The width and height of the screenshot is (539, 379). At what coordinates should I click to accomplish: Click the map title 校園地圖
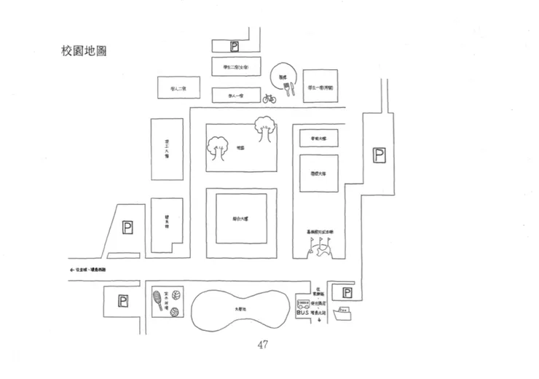86,52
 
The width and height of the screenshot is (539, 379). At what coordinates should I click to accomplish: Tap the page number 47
262,345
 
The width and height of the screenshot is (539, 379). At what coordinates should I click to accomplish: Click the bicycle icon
269,98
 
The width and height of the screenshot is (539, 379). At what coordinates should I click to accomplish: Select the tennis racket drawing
158,298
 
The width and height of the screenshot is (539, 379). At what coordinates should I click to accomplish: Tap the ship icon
343,315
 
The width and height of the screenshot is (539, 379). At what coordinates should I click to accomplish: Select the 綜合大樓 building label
241,219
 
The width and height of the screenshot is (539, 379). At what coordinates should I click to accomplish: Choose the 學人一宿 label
235,95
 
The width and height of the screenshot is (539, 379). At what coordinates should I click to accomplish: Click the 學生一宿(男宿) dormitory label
320,87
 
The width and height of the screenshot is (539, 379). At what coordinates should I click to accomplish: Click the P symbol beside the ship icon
347,294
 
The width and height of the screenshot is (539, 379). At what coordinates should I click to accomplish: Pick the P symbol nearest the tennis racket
122,300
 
